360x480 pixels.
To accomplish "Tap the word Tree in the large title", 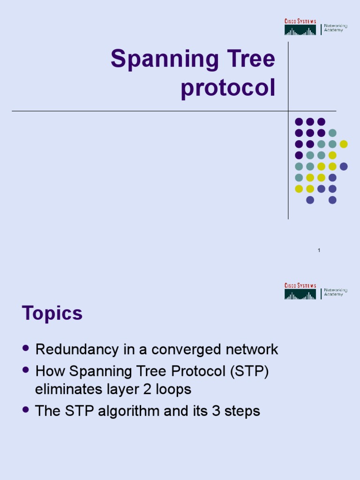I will click(252, 60).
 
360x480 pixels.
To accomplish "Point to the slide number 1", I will click(319, 251).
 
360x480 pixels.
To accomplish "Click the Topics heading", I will click(52, 314).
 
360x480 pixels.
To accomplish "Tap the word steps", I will click(242, 412).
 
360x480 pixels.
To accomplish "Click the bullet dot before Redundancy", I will click(26, 348).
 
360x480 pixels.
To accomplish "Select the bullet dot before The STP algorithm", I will click(26, 410).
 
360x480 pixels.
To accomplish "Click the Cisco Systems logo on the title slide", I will click(300, 27).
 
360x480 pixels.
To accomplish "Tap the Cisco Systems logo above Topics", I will click(300, 292).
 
